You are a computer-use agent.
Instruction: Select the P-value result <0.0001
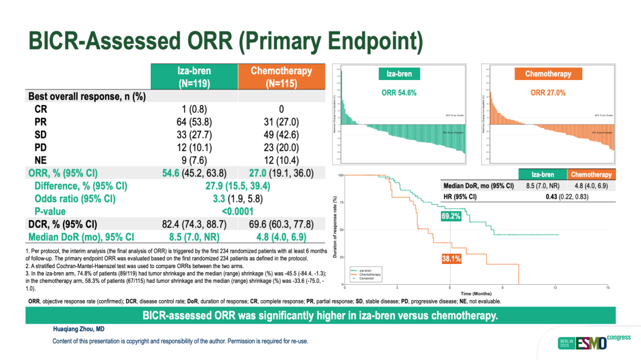tap(237, 211)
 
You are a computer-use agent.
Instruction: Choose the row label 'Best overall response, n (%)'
tap(87, 96)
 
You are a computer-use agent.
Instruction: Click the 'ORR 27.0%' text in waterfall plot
tap(548, 93)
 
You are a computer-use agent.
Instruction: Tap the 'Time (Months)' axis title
tap(476, 294)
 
